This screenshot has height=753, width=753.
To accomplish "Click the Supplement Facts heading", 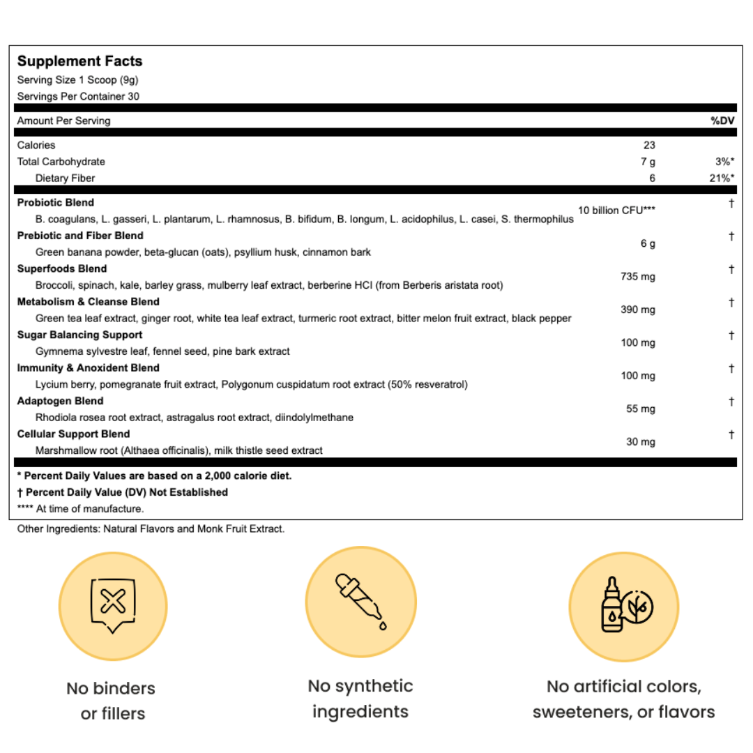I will pyautogui.click(x=79, y=61).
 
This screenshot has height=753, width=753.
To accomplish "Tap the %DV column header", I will pyautogui.click(x=723, y=121).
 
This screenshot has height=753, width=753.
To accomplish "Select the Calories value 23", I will pyautogui.click(x=648, y=145).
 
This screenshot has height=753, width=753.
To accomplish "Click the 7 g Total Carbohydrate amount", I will pyautogui.click(x=648, y=162).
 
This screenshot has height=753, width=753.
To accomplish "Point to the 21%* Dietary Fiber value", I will pyautogui.click(x=722, y=178).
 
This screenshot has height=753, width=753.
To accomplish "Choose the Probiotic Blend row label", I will pyautogui.click(x=56, y=203).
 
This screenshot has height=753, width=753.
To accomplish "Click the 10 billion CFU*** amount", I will pyautogui.click(x=616, y=211).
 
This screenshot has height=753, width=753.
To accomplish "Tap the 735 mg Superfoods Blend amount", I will pyautogui.click(x=638, y=277).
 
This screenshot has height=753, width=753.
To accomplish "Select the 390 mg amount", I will pyautogui.click(x=638, y=310).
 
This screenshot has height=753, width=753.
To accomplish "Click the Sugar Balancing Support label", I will pyautogui.click(x=79, y=335).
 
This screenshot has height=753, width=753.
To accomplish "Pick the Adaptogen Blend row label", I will pyautogui.click(x=60, y=401).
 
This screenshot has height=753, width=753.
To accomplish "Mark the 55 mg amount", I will pyautogui.click(x=641, y=409).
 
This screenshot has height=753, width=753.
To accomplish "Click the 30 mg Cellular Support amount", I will pyautogui.click(x=641, y=441).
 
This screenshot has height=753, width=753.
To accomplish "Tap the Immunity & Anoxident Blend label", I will pyautogui.click(x=89, y=367).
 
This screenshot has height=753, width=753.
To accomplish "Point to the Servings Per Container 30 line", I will pyautogui.click(x=78, y=96).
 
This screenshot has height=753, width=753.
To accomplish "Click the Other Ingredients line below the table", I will pyautogui.click(x=151, y=529).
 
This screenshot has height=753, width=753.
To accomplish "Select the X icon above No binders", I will pyautogui.click(x=113, y=602).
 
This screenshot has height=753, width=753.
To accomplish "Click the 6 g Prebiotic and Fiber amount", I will pyautogui.click(x=648, y=244).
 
